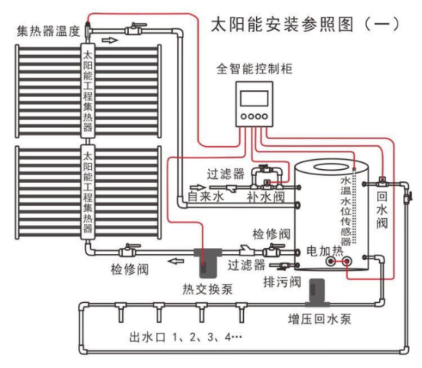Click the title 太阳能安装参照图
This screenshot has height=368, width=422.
[281, 24]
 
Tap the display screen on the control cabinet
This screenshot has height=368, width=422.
[254, 99]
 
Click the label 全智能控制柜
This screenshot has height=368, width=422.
[255, 69]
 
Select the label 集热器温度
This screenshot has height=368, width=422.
[48, 31]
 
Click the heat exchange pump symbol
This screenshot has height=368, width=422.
[208, 262]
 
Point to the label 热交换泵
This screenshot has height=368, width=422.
[207, 290]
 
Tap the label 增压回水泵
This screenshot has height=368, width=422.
[320, 319]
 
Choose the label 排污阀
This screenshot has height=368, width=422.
[282, 282]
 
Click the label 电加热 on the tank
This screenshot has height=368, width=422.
[325, 251]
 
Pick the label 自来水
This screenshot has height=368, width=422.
[206, 196]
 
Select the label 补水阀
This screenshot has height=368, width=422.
[265, 197]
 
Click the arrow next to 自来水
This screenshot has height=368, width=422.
[198, 187]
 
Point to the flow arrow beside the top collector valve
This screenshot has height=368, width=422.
[110, 41]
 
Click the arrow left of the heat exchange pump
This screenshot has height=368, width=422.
[176, 261]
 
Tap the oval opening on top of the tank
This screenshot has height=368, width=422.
[331, 167]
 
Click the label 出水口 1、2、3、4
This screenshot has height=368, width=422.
[186, 337]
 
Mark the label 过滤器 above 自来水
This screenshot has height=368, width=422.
[226, 174]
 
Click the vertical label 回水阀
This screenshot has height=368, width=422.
[382, 210]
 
